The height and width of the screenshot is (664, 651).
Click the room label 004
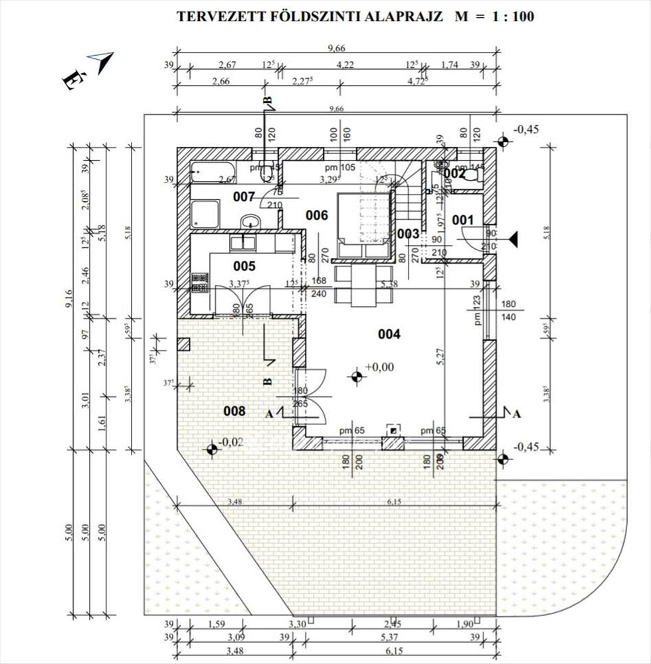(389, 334)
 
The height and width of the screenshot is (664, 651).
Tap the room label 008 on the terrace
(234, 411)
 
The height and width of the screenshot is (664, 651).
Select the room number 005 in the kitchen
(244, 266)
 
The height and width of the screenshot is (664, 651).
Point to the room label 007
(244, 197)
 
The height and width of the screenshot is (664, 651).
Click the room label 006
(316, 214)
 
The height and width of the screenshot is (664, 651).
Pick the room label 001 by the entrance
(462, 220)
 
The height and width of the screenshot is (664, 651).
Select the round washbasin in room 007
(250, 221)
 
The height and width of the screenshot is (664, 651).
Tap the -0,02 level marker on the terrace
(212, 448)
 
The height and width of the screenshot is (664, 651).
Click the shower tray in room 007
(201, 214)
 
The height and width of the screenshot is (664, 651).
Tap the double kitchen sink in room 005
(244, 242)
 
